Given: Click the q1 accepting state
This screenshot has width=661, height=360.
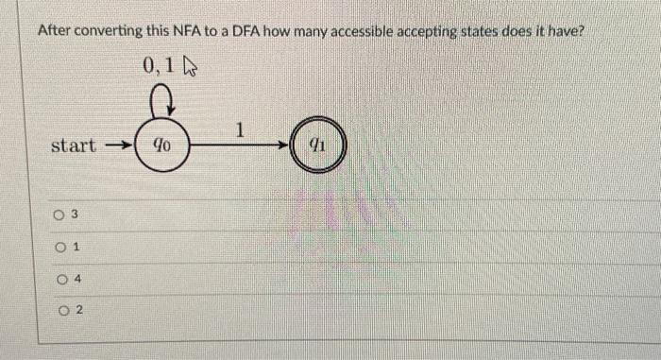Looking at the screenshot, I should click(x=318, y=146).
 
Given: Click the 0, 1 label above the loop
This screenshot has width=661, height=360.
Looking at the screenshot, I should click(x=160, y=66).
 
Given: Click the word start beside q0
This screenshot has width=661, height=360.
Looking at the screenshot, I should click(x=73, y=146).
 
